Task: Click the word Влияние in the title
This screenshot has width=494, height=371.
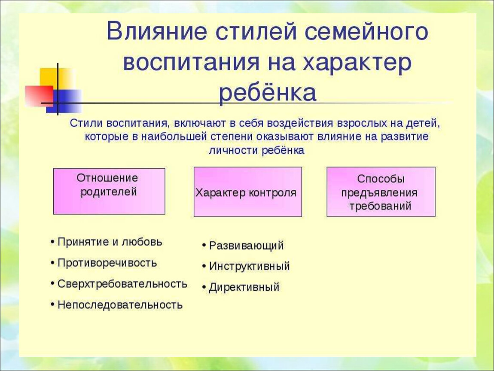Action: click(x=157, y=31)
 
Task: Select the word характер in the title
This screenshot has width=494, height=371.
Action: click(x=357, y=62)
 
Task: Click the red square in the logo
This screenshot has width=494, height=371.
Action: click(x=39, y=96)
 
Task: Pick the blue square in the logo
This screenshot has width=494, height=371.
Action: click(x=64, y=101)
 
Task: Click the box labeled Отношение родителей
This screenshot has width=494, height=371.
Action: click(x=109, y=191)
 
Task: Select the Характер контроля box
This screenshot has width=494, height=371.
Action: click(x=247, y=192)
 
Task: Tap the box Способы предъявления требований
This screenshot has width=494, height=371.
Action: click(x=381, y=192)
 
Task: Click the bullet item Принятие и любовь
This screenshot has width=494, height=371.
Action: click(x=107, y=242)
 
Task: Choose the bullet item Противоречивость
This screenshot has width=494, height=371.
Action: click(x=104, y=263)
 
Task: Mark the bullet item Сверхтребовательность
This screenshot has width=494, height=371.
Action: click(x=119, y=284)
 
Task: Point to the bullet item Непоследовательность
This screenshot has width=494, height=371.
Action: click(x=116, y=304)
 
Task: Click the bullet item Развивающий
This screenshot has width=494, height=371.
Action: click(x=243, y=245)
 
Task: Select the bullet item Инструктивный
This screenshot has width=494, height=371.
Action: click(x=246, y=266)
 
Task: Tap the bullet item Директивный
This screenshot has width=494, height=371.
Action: click(x=241, y=287)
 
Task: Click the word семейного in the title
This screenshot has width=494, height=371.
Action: click(x=367, y=31)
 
